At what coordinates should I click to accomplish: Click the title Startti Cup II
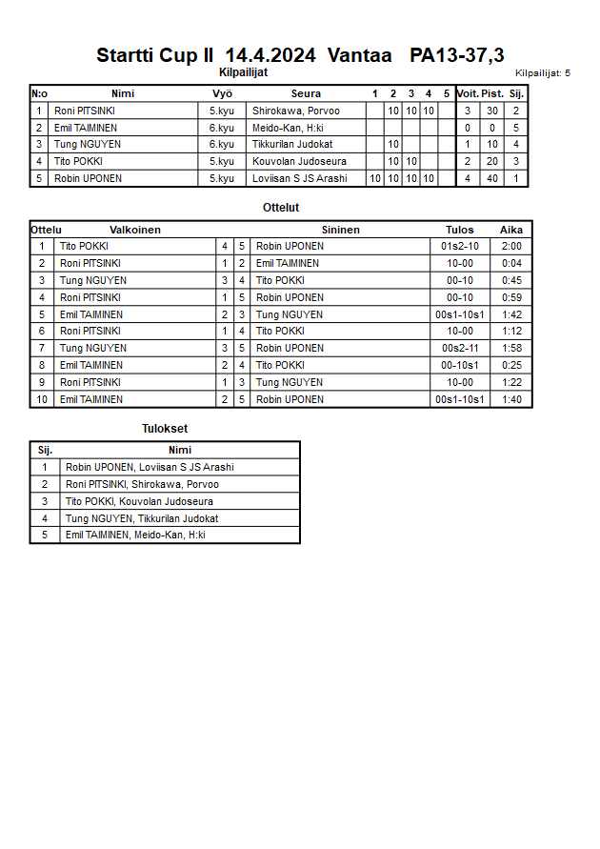(x=154, y=56)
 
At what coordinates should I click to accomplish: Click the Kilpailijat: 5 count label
(x=542, y=73)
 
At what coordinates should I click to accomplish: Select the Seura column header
(x=306, y=93)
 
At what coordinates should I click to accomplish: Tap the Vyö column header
(x=222, y=93)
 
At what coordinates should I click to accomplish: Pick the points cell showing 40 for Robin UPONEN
(x=492, y=178)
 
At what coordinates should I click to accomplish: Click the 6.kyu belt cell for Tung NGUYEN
(x=222, y=144)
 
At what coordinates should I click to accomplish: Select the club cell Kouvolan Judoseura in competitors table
(x=299, y=161)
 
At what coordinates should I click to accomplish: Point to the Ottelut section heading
(x=281, y=207)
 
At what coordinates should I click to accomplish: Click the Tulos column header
(x=459, y=230)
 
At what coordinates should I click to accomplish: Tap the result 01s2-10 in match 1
(x=459, y=247)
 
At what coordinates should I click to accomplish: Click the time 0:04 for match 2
(x=511, y=263)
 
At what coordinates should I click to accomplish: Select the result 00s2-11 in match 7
(x=459, y=349)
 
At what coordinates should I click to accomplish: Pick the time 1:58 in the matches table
(x=511, y=349)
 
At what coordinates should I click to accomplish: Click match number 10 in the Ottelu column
(x=42, y=399)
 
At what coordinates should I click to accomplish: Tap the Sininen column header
(x=340, y=230)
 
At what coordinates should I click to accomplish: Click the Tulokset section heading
(x=165, y=429)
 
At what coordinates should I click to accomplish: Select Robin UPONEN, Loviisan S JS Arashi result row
(x=150, y=468)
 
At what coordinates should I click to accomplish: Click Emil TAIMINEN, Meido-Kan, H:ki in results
(x=135, y=536)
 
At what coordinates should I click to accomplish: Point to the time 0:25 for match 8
(x=511, y=365)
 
